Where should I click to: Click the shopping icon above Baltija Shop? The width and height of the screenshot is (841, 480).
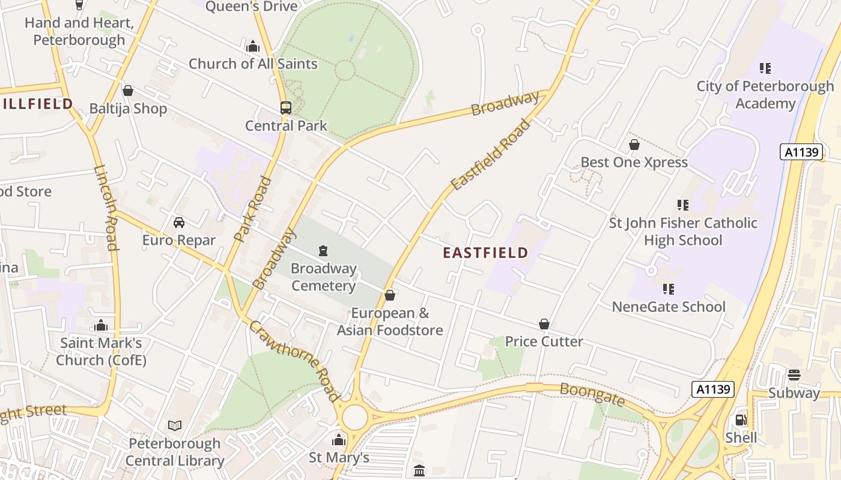tap(127, 91)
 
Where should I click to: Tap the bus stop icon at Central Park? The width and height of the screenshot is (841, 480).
tap(286, 108)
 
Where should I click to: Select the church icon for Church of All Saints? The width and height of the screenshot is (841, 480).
tap(252, 46)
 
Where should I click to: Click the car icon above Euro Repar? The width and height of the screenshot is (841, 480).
tap(179, 223)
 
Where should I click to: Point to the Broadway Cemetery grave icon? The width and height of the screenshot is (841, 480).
tap(323, 250)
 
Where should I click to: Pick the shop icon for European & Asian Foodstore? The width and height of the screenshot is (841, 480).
tap(389, 295)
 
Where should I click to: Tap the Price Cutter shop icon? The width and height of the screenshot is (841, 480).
tap(544, 324)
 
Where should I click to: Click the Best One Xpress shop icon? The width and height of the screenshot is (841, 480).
tap(634, 145)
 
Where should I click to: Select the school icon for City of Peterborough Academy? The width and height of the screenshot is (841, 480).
tap(765, 68)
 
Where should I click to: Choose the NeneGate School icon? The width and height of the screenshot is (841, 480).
tap(668, 289)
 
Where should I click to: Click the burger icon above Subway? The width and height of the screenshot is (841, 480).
tap(794, 375)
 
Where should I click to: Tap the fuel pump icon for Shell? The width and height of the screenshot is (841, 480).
tap(741, 420)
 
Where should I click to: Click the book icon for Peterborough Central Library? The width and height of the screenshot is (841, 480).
tap(175, 426)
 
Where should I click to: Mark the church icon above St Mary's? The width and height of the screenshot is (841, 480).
tap(339, 440)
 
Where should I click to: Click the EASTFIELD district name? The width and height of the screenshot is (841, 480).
tap(485, 253)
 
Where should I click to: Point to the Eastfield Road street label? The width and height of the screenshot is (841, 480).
tap(491, 155)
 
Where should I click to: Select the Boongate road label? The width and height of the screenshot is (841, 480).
tap(592, 395)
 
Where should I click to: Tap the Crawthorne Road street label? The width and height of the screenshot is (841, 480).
tap(294, 361)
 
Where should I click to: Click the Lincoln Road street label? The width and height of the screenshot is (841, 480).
tap(105, 208)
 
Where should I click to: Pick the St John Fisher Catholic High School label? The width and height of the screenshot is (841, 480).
tap(683, 232)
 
